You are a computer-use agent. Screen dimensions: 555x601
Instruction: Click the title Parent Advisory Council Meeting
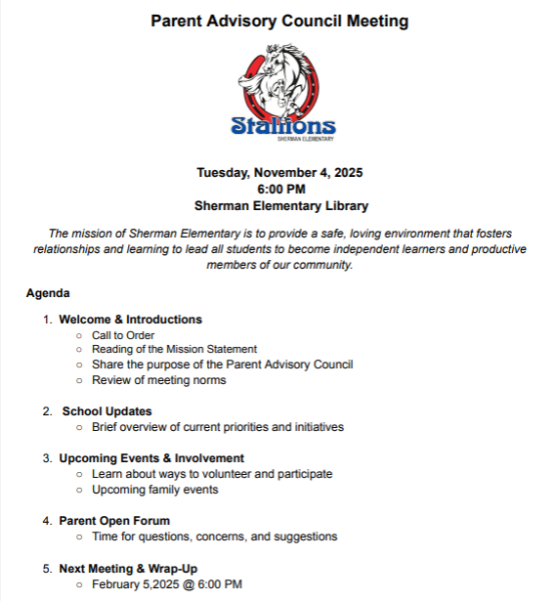279,21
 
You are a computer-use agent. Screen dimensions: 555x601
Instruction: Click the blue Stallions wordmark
283,126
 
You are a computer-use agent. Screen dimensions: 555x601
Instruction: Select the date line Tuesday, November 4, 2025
279,173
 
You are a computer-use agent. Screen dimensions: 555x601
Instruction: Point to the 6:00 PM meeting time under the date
280,189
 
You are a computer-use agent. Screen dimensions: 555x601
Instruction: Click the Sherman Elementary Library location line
279,205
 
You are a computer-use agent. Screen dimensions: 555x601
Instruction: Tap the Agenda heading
48,292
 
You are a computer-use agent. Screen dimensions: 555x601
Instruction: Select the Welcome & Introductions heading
130,320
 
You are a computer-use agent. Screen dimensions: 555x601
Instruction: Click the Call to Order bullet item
123,335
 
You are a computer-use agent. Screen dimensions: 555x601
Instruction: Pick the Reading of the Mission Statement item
174,349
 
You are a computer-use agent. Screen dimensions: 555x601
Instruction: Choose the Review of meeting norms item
158,379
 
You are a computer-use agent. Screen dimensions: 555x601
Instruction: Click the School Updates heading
107,411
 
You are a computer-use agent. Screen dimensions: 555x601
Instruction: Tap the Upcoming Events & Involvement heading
151,458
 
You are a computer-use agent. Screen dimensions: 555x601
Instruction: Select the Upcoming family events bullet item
154,490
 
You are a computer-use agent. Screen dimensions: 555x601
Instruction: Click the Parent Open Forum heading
114,521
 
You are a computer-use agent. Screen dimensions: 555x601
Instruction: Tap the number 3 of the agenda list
46,458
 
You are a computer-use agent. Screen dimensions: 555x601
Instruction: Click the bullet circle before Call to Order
78,335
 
